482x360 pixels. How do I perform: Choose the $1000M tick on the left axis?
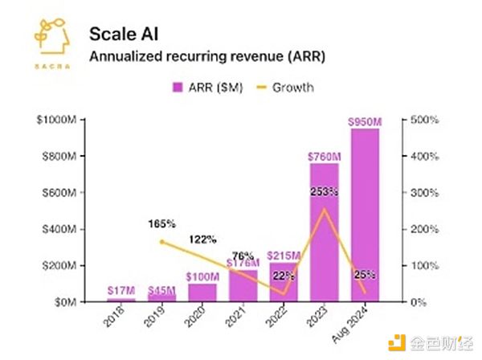(x=55, y=120)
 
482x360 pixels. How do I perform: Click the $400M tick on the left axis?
(x=57, y=229)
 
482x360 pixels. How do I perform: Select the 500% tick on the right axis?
(x=425, y=120)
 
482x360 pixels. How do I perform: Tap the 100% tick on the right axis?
(x=425, y=265)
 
